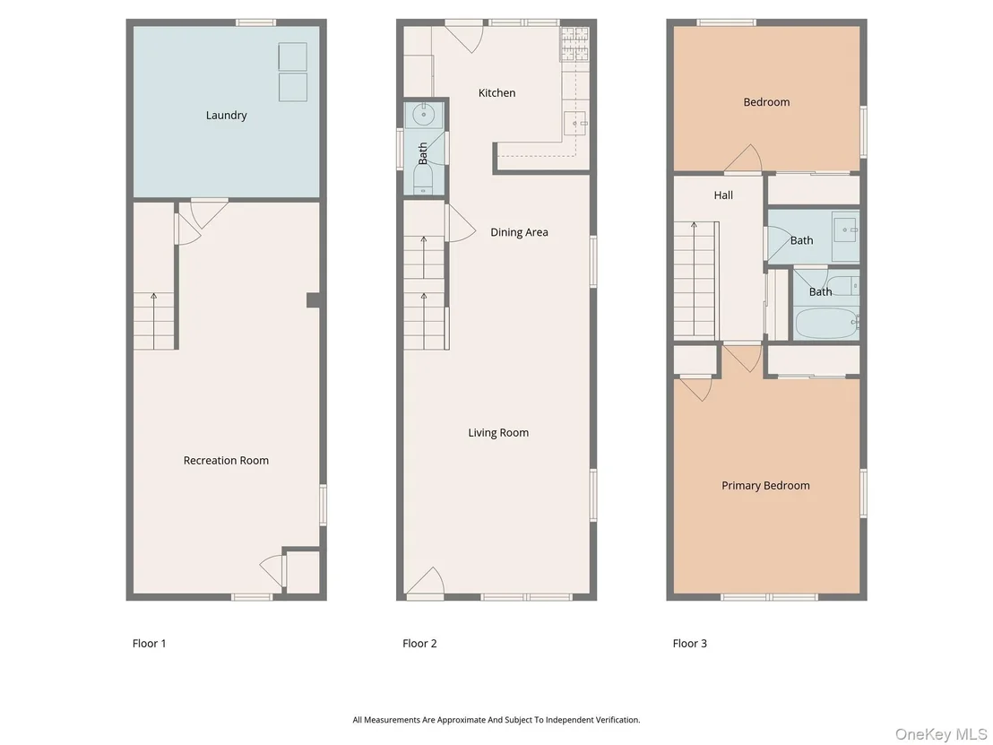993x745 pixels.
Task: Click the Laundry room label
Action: coord(226,116)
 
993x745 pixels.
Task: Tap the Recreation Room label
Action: coord(226,461)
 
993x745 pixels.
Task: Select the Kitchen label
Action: coord(496,93)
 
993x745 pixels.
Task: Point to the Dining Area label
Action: coord(519,232)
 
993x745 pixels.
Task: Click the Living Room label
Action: coord(498,433)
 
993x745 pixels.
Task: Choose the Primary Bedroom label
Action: coord(765,486)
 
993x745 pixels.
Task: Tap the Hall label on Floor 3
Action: coord(723,195)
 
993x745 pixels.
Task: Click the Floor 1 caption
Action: coord(150,644)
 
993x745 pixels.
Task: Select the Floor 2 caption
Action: coord(419,644)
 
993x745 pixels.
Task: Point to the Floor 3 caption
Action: coord(690,644)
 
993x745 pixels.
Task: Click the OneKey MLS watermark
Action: coord(941,734)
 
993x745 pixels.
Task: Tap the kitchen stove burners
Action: coord(574,44)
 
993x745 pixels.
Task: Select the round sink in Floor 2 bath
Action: coord(422,116)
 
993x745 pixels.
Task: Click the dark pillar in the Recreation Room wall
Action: coord(313,299)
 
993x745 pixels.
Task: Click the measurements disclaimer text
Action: coord(496,720)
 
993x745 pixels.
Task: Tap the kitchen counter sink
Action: coord(575,123)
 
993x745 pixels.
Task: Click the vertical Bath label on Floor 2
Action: coord(422,153)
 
